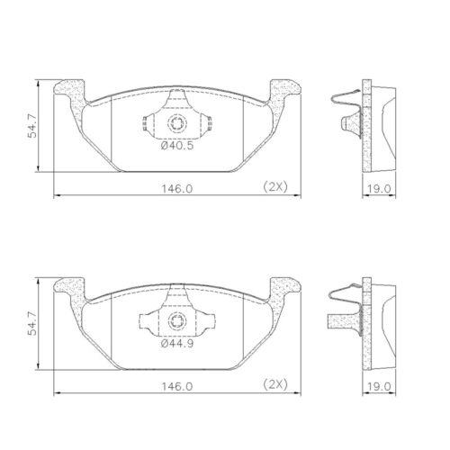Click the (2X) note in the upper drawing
tap(274, 187)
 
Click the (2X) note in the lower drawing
tap(274, 384)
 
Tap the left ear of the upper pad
tap(72, 91)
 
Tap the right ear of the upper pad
tap(281, 91)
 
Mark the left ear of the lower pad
tap(72, 288)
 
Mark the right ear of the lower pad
tap(281, 288)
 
